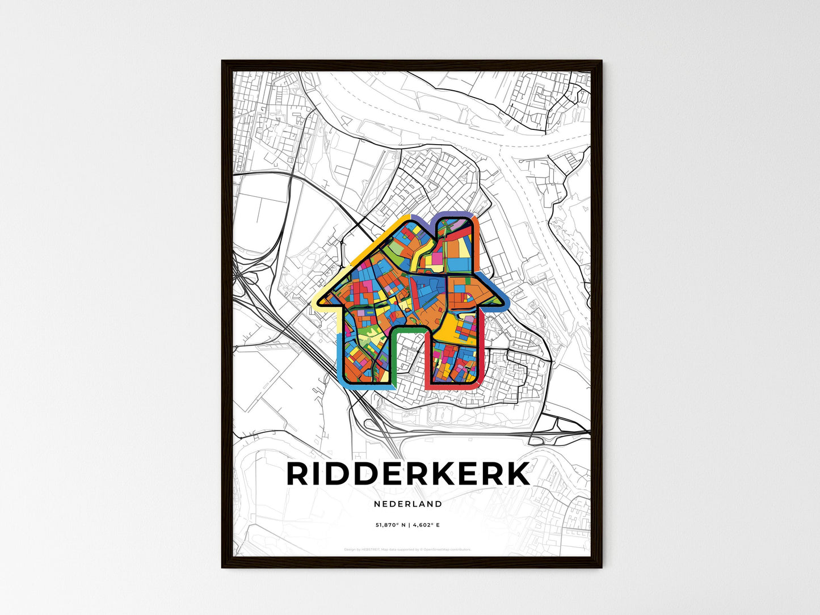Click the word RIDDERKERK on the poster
pos(409,474)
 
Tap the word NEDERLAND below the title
pos(408,504)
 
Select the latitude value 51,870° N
pos(390,525)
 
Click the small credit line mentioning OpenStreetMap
pos(407,549)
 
